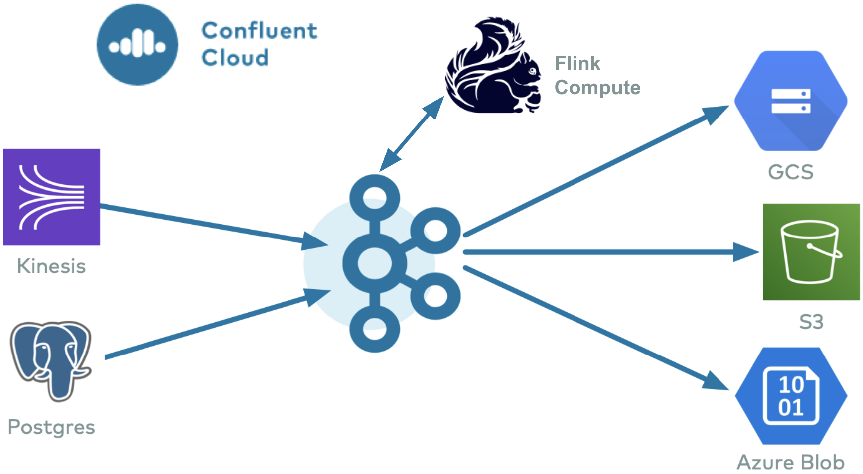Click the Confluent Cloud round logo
(137, 45)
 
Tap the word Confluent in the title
(259, 31)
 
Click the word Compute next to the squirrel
(597, 88)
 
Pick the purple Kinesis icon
(52, 197)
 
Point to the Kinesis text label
(51, 266)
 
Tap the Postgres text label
(51, 427)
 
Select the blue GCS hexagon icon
(791, 101)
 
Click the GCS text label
(791, 172)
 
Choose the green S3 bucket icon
(811, 252)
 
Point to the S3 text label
(811, 322)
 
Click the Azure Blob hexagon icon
(791, 396)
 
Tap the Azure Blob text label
(791, 462)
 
